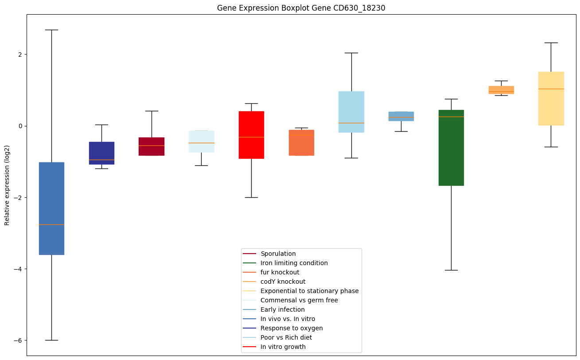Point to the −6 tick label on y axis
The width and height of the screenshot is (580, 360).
[17, 340]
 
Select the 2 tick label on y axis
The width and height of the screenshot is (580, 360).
[20, 55]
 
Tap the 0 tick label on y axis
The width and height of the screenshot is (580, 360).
[20, 126]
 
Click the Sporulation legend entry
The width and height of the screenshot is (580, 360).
[278, 254]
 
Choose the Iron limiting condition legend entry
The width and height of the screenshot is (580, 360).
[294, 263]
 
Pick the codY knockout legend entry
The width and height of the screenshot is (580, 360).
[283, 282]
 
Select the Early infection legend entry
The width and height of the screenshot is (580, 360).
[282, 309]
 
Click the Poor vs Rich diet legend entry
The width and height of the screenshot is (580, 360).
[286, 337]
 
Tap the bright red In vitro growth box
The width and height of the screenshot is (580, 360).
[251, 135]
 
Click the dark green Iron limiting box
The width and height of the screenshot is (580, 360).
[451, 148]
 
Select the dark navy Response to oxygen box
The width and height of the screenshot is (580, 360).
[101, 153]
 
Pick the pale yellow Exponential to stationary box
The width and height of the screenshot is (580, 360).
[551, 98]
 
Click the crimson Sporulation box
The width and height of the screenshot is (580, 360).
[152, 146]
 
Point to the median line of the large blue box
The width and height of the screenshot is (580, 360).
[51, 224]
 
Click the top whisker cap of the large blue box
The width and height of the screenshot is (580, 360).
[51, 30]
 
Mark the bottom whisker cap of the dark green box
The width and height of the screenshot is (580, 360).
[451, 270]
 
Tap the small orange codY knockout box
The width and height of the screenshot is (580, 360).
[501, 90]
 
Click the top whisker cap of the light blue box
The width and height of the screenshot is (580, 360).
[351, 53]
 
